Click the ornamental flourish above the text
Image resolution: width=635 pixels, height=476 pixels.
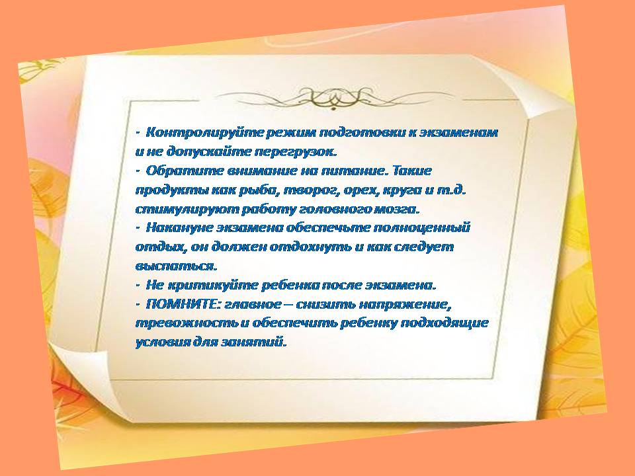(333, 99)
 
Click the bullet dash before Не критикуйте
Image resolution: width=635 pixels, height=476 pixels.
(138, 286)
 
